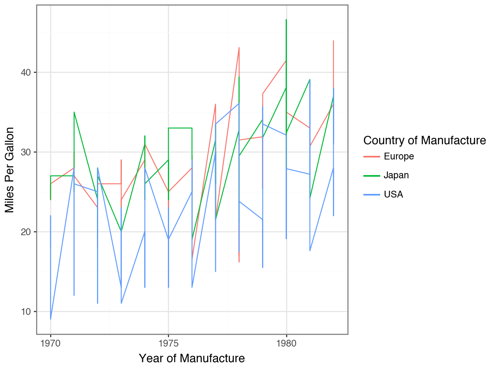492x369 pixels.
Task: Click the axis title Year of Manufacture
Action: click(x=192, y=358)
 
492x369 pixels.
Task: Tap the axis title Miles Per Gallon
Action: click(x=10, y=170)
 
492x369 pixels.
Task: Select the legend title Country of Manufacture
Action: click(x=424, y=141)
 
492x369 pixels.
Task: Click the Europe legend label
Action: click(x=399, y=156)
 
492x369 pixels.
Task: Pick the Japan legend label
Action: click(x=396, y=175)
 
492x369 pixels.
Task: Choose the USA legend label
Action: click(x=393, y=194)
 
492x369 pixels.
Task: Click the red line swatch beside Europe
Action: click(x=371, y=156)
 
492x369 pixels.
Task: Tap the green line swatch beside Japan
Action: click(x=371, y=175)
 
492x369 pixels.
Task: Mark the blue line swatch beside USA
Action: click(x=371, y=194)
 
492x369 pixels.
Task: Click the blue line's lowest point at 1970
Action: click(x=50, y=319)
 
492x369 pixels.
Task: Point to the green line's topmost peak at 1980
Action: click(x=286, y=19)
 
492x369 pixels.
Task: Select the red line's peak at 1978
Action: click(x=239, y=48)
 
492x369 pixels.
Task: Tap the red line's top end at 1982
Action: click(x=333, y=41)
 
